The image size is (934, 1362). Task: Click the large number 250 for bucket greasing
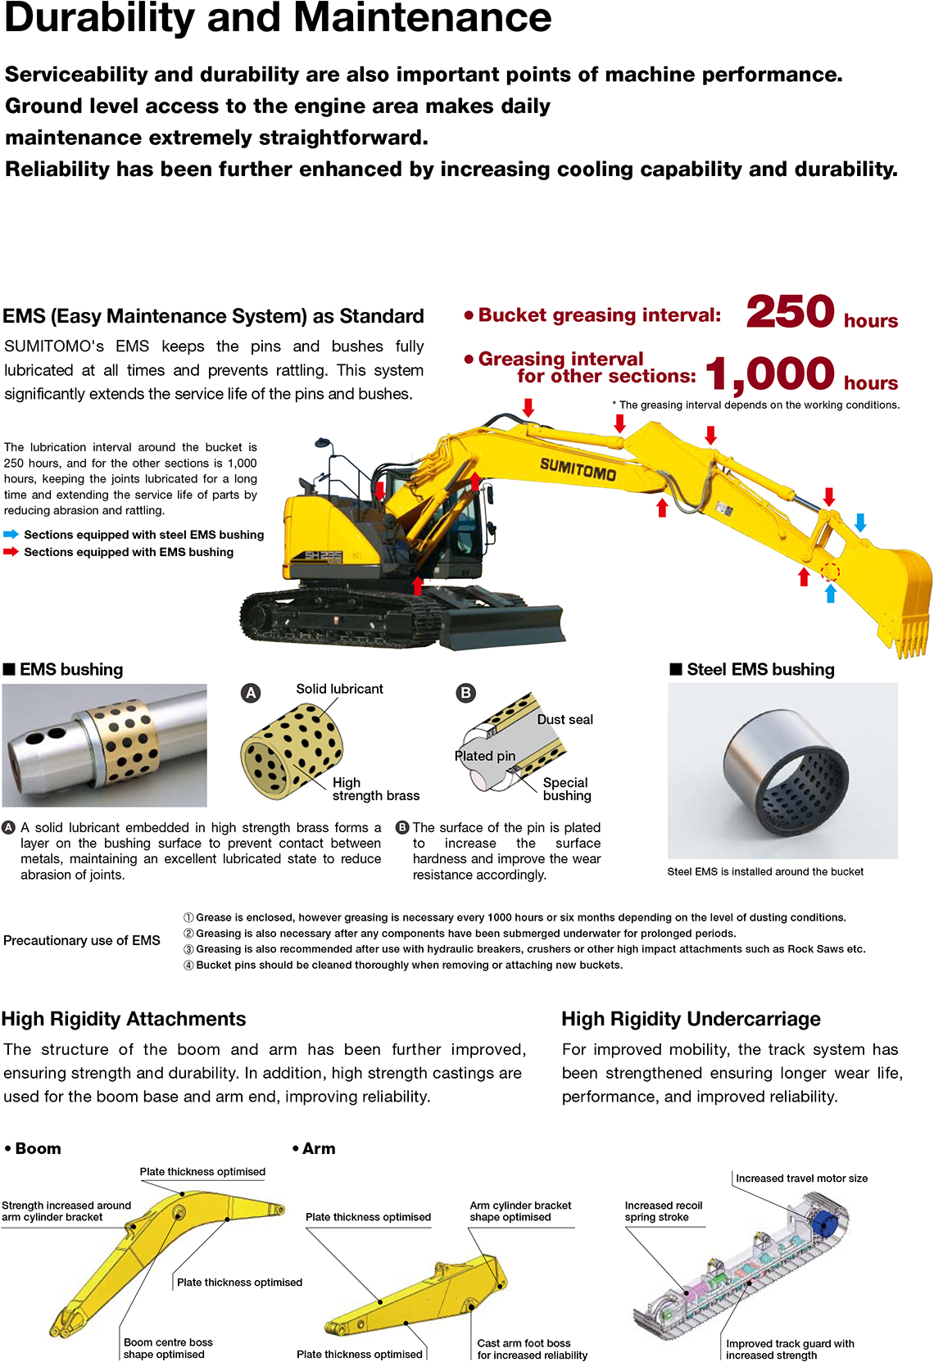(790, 312)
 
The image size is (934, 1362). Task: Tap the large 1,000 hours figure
(769, 374)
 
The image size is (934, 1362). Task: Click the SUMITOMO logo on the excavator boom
(578, 469)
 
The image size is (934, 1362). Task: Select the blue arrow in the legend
(11, 534)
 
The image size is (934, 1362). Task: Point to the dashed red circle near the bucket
(830, 572)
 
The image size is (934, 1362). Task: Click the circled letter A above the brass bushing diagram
(251, 693)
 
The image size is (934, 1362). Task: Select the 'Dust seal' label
(564, 719)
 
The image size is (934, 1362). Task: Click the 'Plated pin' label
(485, 756)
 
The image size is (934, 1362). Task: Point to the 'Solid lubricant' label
(339, 689)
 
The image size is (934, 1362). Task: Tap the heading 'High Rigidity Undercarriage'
(691, 1019)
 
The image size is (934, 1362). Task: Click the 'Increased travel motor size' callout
(801, 1179)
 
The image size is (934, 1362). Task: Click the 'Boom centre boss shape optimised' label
(168, 1348)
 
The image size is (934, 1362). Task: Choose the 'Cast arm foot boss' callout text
(524, 1344)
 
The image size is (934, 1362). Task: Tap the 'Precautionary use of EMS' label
(82, 940)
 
